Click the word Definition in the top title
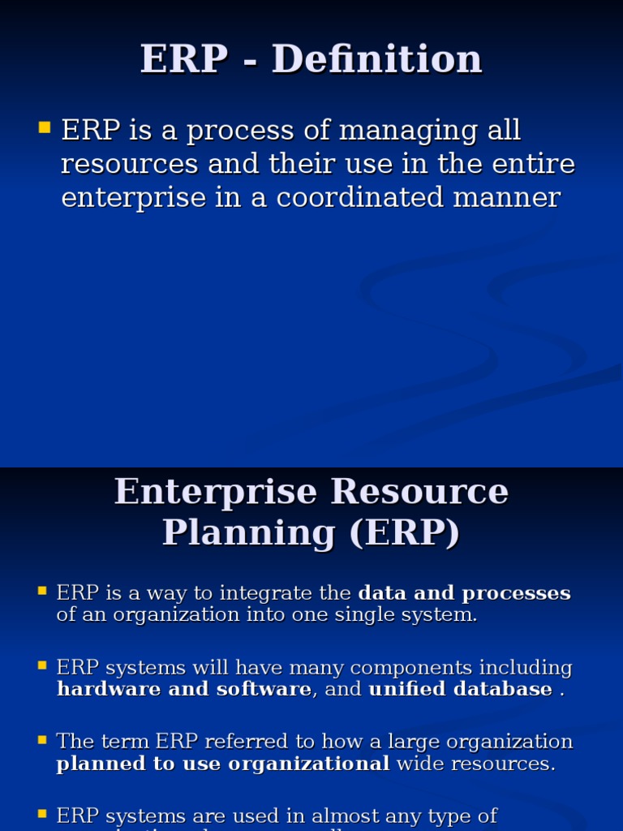pyautogui.click(x=377, y=60)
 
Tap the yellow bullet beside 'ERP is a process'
pyautogui.click(x=44, y=127)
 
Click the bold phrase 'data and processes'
pyautogui.click(x=464, y=593)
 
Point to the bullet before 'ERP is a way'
pyautogui.click(x=42, y=591)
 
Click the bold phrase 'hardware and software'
pyautogui.click(x=183, y=690)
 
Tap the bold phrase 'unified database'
pyautogui.click(x=460, y=690)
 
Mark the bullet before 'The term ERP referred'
pyautogui.click(x=42, y=740)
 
